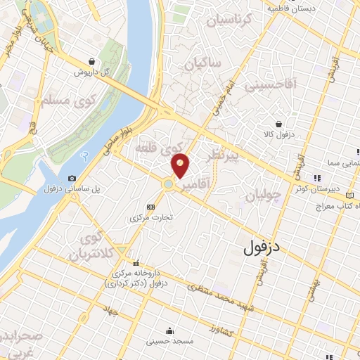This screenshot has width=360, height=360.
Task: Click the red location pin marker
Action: pos(181,165)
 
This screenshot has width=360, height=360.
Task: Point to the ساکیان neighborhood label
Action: pos(204,65)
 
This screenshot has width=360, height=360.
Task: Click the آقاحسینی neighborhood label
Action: pos(271,85)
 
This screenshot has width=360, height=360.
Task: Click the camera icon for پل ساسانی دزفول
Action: pos(72,179)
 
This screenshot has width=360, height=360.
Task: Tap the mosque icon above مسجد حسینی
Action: pos(169,330)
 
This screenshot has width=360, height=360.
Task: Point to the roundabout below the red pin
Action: pos(169,185)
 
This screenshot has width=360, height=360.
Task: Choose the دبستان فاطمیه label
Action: pos(292,8)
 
